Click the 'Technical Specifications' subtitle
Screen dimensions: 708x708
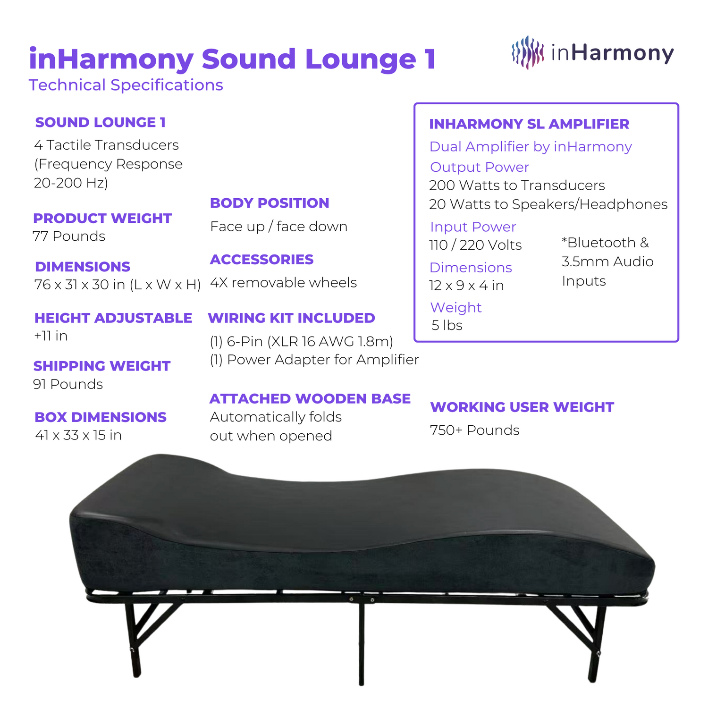[126, 85]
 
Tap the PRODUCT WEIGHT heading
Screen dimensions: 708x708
[102, 218]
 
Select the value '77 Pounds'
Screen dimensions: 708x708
[69, 236]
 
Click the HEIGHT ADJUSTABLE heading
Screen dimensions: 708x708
[113, 318]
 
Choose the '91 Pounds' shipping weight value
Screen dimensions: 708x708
[68, 384]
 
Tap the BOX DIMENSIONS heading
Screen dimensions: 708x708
[101, 417]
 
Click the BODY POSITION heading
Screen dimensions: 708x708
[270, 203]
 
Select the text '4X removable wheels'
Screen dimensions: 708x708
[283, 282]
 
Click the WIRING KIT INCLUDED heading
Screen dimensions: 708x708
[291, 318]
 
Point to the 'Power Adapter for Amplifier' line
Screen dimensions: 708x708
[322, 360]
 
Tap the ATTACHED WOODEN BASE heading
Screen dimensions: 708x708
[310, 398]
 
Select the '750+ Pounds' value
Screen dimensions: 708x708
[474, 430]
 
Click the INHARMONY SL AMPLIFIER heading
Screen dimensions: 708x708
[529, 124]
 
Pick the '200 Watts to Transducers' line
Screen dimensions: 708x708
[517, 185]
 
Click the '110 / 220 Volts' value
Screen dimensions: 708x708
[475, 245]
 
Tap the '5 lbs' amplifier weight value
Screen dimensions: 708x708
[447, 325]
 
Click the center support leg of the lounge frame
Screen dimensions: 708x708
[361, 642]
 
